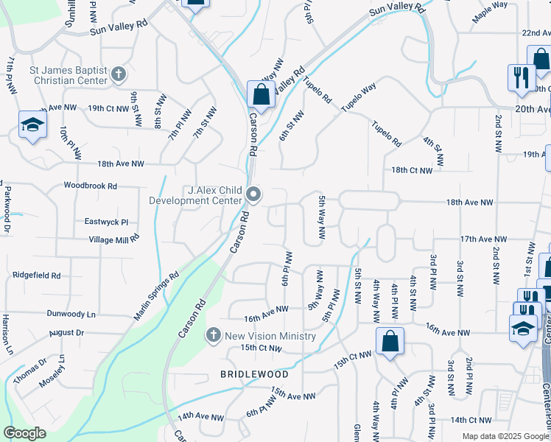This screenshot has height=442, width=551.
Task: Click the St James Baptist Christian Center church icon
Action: click(119, 74)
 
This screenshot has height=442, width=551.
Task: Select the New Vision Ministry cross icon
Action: click(214, 336)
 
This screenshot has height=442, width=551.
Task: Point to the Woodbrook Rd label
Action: click(91, 186)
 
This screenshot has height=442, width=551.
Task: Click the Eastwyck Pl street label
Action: click(106, 222)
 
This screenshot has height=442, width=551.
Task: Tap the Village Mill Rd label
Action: click(114, 240)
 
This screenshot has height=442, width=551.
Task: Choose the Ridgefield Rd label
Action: click(36, 275)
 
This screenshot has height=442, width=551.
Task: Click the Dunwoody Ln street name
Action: click(71, 314)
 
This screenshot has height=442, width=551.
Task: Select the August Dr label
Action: click(66, 333)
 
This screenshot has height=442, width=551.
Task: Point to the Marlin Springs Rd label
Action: click(156, 298)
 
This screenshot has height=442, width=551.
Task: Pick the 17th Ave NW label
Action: click(483, 239)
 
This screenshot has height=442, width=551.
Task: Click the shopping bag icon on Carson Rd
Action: click(261, 94)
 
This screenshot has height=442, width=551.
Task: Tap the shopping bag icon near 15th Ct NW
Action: click(389, 341)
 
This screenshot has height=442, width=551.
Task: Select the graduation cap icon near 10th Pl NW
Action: click(32, 126)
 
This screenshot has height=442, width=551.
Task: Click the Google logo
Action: click(24, 433)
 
